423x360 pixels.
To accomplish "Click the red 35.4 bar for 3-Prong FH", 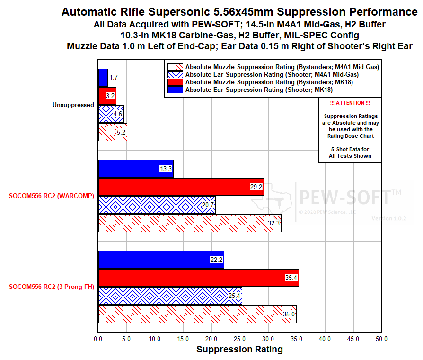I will point(198,278).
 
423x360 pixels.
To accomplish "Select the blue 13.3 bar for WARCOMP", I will point(136,169).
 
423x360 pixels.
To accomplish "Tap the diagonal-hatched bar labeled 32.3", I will point(190,223).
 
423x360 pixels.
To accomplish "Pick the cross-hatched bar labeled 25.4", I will point(170,296).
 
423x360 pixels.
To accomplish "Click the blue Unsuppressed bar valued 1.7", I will point(103,77).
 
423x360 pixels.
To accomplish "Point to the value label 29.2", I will point(256,187).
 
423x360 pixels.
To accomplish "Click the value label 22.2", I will point(216,260).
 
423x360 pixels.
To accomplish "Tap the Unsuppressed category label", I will point(73,105).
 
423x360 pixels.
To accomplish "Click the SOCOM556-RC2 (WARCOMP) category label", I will point(52,196).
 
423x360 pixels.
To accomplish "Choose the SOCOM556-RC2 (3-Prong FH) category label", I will point(52,287).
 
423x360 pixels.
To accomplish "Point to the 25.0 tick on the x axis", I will point(240,339).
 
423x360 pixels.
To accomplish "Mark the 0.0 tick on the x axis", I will point(98,339).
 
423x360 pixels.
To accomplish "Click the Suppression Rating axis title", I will point(239,350).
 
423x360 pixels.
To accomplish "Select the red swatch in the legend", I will point(175,82).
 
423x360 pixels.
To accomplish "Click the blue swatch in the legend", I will point(175,90).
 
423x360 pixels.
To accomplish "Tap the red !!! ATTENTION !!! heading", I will point(350,103).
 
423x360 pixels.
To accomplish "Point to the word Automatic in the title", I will point(88,12).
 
